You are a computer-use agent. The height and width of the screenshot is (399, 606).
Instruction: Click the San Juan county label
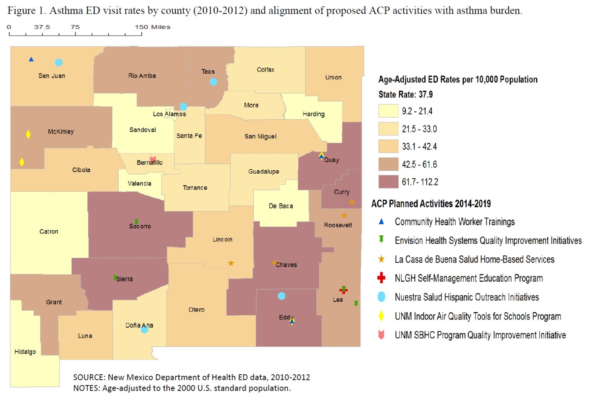click(x=52, y=76)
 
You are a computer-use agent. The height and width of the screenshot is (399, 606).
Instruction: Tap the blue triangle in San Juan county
click(x=31, y=59)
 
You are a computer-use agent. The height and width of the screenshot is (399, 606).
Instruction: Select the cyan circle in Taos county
click(x=213, y=82)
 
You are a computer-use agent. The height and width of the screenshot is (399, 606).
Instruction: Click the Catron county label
click(x=49, y=232)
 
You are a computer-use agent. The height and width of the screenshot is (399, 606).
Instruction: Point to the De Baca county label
click(x=281, y=206)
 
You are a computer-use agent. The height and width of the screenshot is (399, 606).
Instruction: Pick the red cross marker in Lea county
click(x=343, y=290)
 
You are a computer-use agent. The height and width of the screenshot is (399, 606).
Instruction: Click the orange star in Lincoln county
click(x=231, y=263)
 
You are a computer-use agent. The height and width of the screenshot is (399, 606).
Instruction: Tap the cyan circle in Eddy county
click(x=281, y=296)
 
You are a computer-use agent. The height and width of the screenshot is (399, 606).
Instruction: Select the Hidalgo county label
click(x=25, y=352)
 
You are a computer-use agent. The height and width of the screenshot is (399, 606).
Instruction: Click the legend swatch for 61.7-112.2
click(x=388, y=182)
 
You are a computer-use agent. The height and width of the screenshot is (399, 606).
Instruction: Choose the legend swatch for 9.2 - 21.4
click(x=388, y=111)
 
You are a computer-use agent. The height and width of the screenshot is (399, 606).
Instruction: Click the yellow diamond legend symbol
click(x=381, y=316)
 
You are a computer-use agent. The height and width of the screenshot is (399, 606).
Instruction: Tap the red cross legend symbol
click(x=381, y=278)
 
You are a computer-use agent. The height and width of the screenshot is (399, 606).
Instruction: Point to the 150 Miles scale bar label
click(x=153, y=27)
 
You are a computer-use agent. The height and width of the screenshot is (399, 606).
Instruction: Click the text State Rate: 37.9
click(x=406, y=95)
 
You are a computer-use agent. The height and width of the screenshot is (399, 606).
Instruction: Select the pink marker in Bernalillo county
click(x=153, y=159)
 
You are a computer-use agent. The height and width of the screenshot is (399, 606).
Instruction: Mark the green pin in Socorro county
click(x=136, y=222)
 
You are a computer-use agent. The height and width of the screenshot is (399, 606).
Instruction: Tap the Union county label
click(x=334, y=77)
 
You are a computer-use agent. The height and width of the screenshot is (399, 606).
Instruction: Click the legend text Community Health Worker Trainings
click(x=454, y=222)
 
